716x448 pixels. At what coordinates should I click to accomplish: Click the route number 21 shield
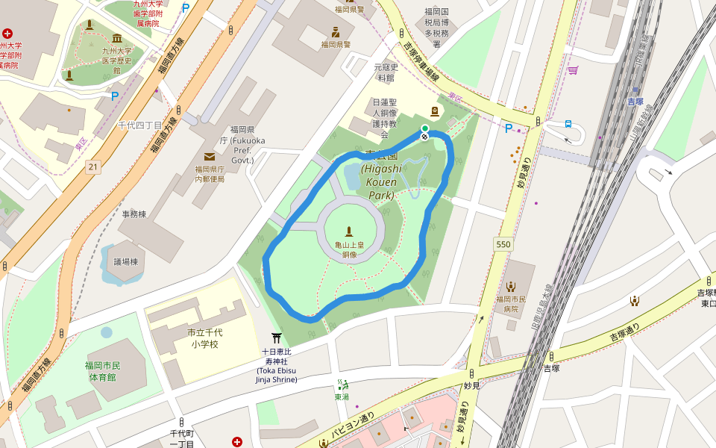92,166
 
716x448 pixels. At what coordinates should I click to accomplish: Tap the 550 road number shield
503,244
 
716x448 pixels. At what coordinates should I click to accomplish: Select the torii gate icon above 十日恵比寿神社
277,339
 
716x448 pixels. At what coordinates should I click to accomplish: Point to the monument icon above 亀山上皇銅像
348,232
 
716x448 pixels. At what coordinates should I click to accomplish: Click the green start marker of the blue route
424,128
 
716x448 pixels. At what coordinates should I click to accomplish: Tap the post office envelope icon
209,156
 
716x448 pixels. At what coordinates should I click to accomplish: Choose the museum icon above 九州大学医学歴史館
116,39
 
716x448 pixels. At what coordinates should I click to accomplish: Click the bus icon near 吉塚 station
568,125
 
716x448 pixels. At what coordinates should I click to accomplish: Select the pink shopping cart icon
573,70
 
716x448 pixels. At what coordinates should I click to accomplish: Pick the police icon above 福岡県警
336,32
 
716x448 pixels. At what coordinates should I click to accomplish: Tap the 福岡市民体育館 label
103,371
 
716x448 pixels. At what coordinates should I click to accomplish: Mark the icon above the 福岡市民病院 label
512,286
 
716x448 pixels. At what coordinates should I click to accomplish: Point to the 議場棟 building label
125,262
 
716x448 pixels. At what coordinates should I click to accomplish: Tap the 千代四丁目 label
140,125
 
